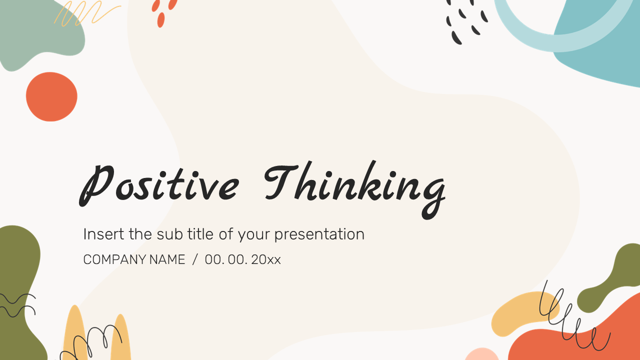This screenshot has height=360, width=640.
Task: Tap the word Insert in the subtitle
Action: click(104, 234)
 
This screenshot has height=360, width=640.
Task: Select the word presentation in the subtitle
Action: click(319, 234)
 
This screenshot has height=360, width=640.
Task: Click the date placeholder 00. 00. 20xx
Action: click(242, 259)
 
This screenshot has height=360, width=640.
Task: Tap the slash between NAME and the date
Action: click(195, 259)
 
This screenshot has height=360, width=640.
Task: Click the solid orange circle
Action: click(51, 96)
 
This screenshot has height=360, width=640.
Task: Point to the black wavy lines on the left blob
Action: click(17, 305)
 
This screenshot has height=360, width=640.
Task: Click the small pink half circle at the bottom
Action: click(481, 354)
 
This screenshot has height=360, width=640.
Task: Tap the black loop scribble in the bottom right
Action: click(570, 320)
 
